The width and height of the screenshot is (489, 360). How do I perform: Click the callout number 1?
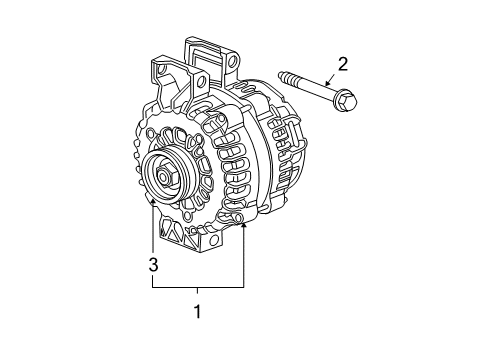pyautogui.click(x=197, y=312)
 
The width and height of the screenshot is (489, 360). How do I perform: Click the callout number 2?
pyautogui.click(x=343, y=66)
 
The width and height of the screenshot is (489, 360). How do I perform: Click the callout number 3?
pyautogui.click(x=153, y=264)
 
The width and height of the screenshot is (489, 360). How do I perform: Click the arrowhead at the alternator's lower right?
pyautogui.click(x=244, y=226)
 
